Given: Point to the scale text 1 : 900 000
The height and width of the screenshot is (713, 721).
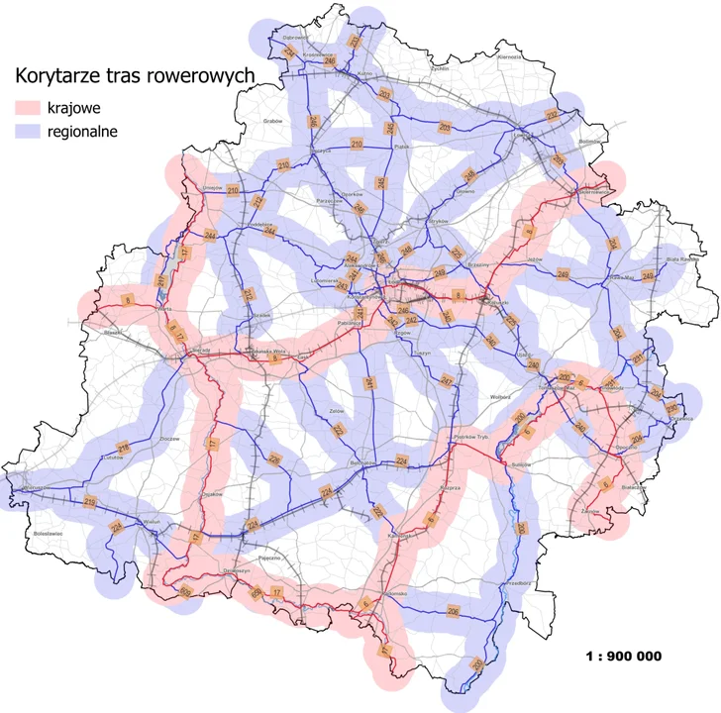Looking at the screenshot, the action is pos(624,656).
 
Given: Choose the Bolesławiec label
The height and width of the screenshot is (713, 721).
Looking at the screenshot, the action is pos(49,533).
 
